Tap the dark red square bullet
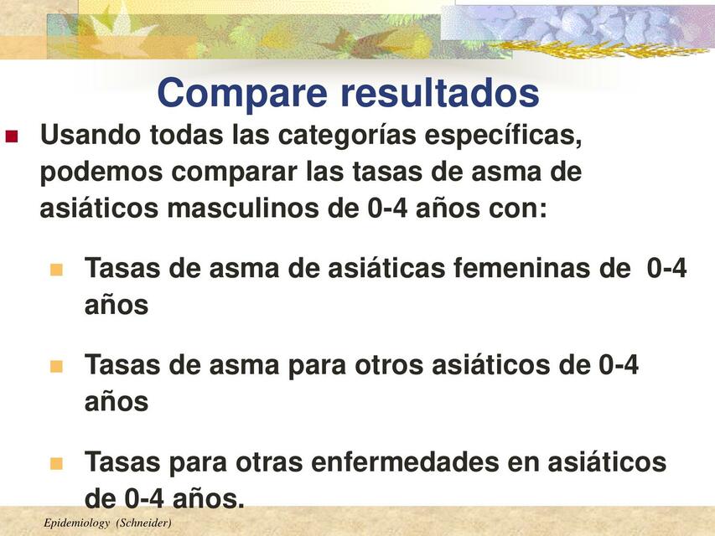click(12, 136)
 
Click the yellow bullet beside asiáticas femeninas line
click(57, 270)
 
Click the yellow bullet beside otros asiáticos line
click(57, 366)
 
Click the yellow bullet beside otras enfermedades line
click(57, 462)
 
